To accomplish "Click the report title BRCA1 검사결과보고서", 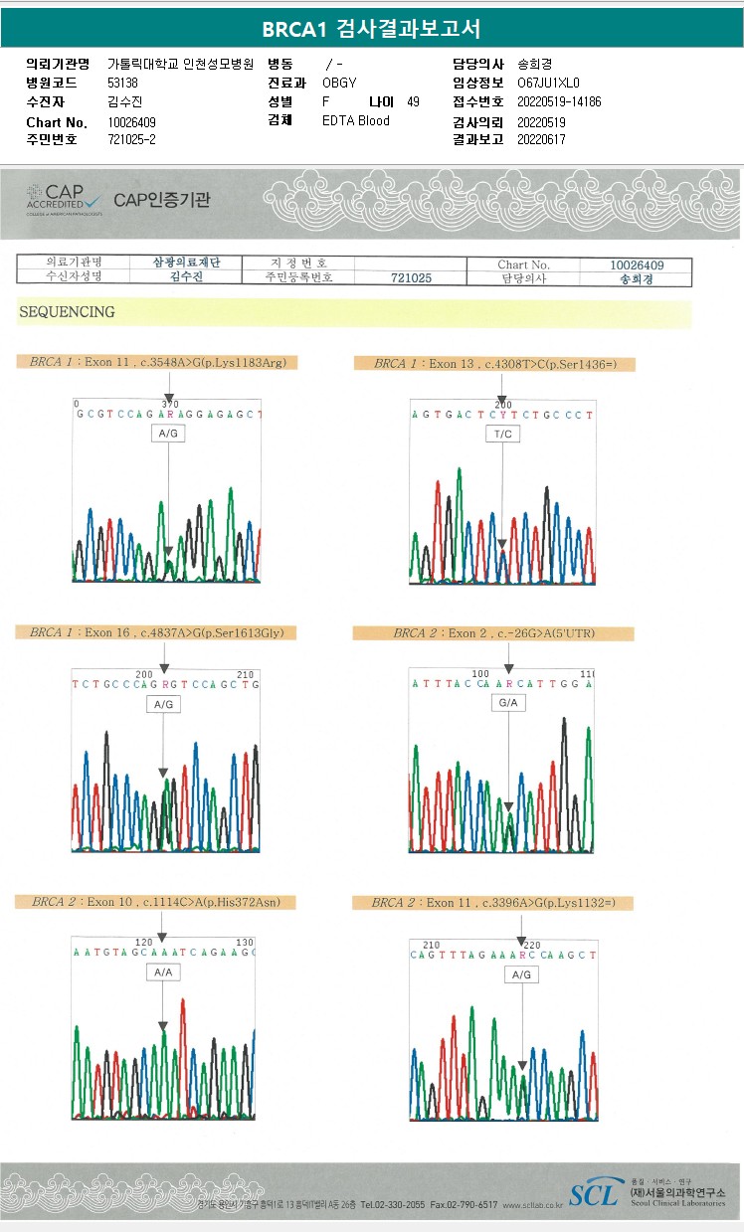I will tap(371, 30).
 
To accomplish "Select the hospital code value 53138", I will tap(123, 83).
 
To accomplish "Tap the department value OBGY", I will tap(339, 83).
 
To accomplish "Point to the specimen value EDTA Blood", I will tap(356, 120).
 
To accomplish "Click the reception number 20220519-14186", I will tap(559, 101).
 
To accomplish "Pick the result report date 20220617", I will tap(541, 139).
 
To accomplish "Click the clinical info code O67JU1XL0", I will tap(548, 83).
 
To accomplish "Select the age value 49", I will tap(414, 101).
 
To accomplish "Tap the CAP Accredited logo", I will tap(62, 199).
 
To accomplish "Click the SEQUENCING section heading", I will tap(67, 312).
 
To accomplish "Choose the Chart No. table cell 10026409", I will tap(637, 265).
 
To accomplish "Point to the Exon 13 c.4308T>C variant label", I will tap(494, 364).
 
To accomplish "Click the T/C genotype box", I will tap(502, 435).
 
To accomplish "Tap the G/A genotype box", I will tap(508, 703).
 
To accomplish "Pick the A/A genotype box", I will tap(162, 973).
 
